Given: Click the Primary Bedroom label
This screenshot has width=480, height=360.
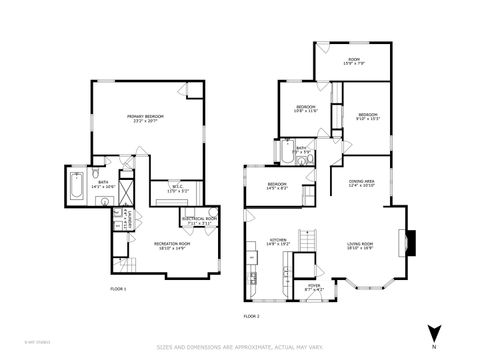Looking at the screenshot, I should coord(146,119).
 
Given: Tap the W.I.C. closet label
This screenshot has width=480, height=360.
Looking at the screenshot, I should coord(174,188).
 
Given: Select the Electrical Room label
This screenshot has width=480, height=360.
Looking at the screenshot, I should coord(199,221).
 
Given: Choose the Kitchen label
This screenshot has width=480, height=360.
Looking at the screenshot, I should coord(277,242).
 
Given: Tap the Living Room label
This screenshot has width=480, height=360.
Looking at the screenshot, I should coord(360,246).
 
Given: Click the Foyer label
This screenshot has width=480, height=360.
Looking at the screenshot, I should coord(314,288).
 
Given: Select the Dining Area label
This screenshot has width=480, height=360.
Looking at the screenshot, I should coord(362,184).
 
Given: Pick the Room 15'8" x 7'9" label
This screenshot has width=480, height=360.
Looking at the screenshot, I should coord(353,62).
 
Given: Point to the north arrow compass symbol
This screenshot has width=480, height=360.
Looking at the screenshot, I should coord(432,333).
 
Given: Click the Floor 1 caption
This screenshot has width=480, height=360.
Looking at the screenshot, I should coord(118,289).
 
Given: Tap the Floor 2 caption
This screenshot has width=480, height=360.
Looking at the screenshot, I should coord(251,316).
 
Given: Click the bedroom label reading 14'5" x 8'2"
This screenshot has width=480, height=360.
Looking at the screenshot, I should coord(277,186).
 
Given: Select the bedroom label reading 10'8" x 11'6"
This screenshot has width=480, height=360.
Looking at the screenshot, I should coord(305,108).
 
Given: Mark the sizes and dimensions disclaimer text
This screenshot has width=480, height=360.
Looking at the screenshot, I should coord(240,347).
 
